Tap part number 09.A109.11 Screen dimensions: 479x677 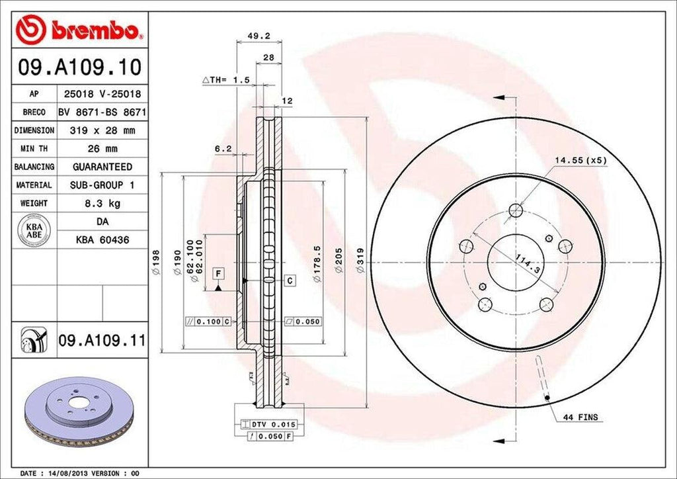[101, 341]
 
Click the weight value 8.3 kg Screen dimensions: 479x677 [102, 203]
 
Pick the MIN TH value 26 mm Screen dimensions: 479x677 [102, 149]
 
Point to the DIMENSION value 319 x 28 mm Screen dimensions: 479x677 [102, 131]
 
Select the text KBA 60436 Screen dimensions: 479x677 [102, 240]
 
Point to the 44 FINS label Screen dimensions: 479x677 [580, 417]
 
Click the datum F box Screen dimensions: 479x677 [217, 273]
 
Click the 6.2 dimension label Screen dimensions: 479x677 [223, 149]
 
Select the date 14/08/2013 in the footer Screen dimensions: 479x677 [69, 474]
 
